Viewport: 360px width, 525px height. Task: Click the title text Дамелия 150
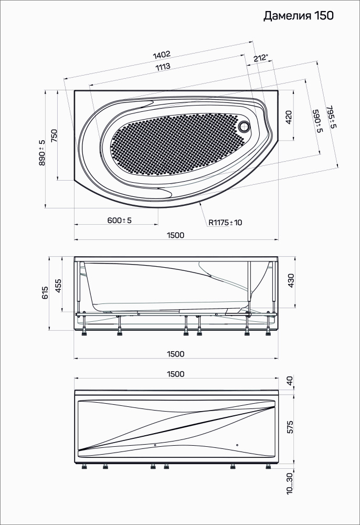click(298, 16)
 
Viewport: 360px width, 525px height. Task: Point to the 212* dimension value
click(260, 58)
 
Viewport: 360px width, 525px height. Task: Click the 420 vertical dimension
click(288, 117)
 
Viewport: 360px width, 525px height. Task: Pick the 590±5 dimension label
click(316, 121)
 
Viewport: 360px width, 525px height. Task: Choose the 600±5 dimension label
click(119, 220)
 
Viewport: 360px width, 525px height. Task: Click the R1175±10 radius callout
click(225, 223)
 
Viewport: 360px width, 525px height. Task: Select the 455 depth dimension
click(58, 285)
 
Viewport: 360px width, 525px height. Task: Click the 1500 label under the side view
click(175, 354)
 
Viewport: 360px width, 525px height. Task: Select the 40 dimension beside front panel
click(291, 380)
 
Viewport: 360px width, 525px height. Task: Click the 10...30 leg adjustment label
click(290, 483)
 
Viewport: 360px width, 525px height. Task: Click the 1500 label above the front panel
click(175, 374)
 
